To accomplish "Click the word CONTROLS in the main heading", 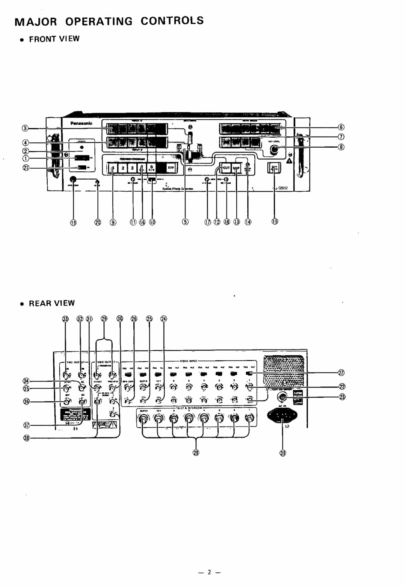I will click(172, 21).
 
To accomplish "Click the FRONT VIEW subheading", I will click(54, 39).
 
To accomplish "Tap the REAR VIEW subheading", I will click(52, 303).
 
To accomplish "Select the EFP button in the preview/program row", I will click(170, 168).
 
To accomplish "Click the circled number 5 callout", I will click(186, 222).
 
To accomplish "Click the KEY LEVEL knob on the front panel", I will click(274, 150).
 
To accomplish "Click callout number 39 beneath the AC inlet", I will click(283, 454).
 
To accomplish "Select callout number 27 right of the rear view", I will click(341, 372).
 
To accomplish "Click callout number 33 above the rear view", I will click(66, 319).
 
